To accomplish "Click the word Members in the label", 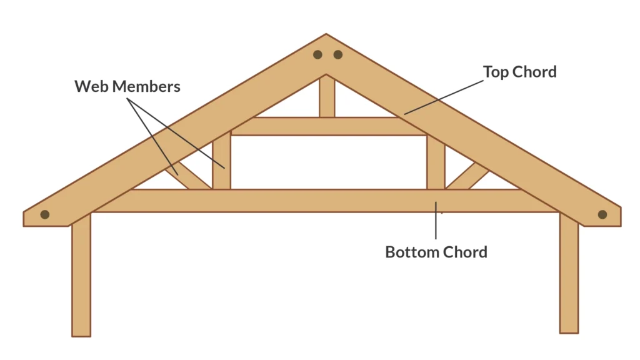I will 146,86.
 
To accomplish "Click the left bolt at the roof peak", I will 318,54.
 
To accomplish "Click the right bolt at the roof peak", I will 337,54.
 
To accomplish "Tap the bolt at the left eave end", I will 45,214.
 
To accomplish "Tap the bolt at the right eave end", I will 602,214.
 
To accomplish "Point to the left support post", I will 81,275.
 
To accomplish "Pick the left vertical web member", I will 221,161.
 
